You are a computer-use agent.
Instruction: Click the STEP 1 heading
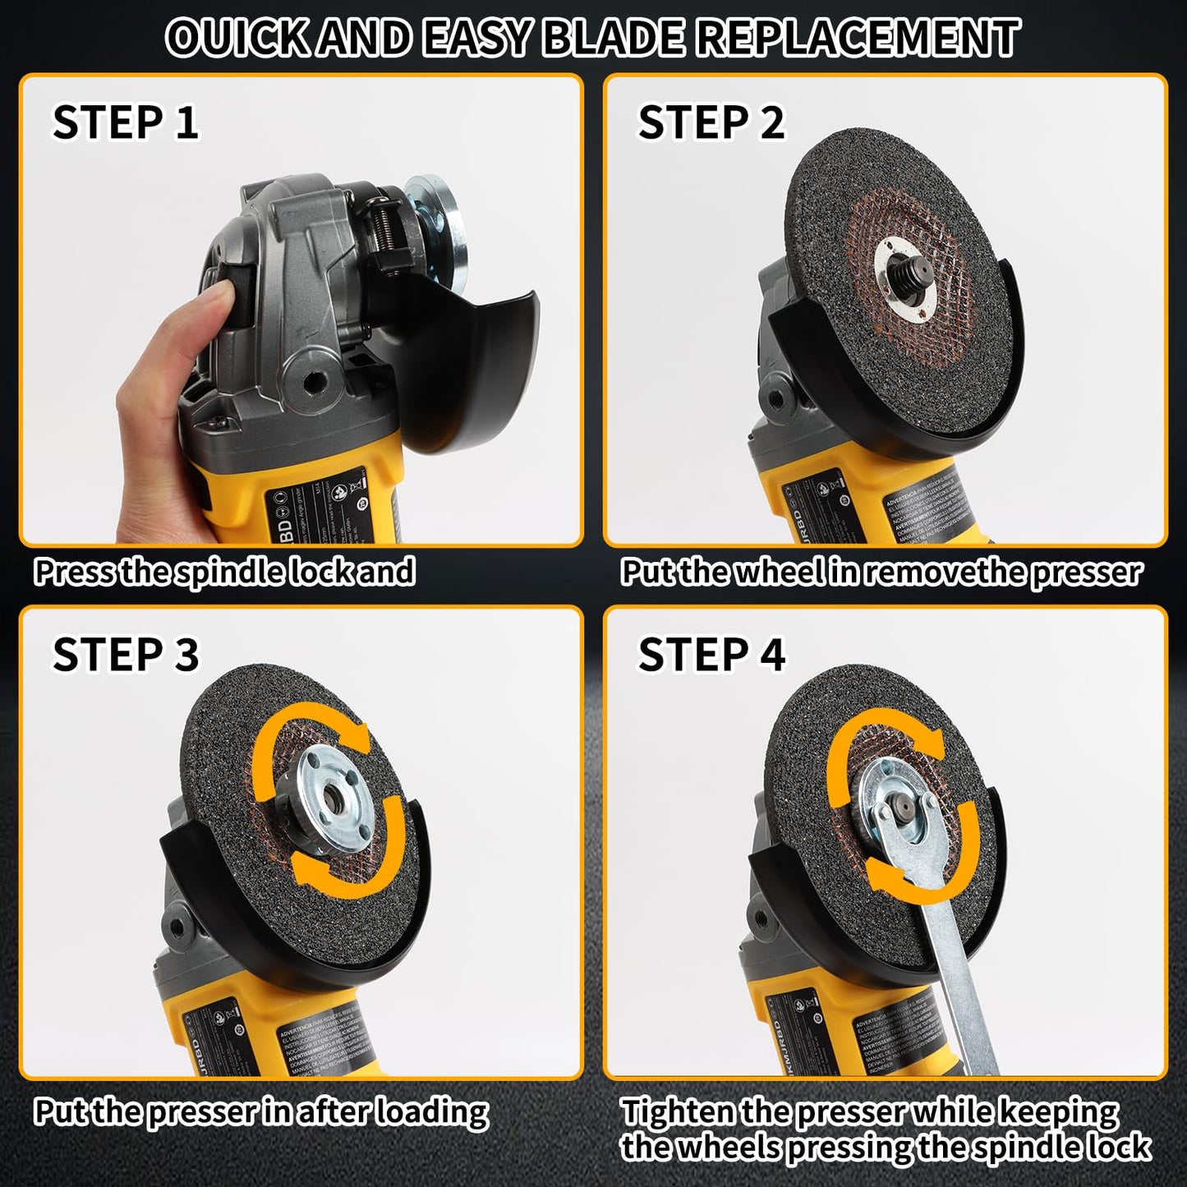pyautogui.click(x=125, y=122)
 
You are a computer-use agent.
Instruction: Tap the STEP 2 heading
pyautogui.click(x=711, y=122)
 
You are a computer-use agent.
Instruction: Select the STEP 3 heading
pyautogui.click(x=125, y=655)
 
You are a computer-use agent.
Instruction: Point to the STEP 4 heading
pyautogui.click(x=711, y=655)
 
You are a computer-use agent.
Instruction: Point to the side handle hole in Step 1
pyautogui.click(x=313, y=381)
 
